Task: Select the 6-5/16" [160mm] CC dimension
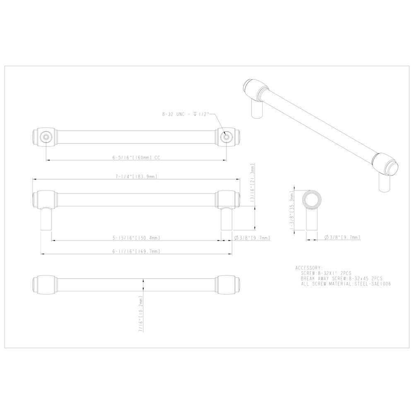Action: tap(136, 158)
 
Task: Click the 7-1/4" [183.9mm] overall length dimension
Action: tap(136, 177)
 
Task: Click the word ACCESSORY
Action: tap(309, 268)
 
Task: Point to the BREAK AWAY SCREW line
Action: tap(342, 279)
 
